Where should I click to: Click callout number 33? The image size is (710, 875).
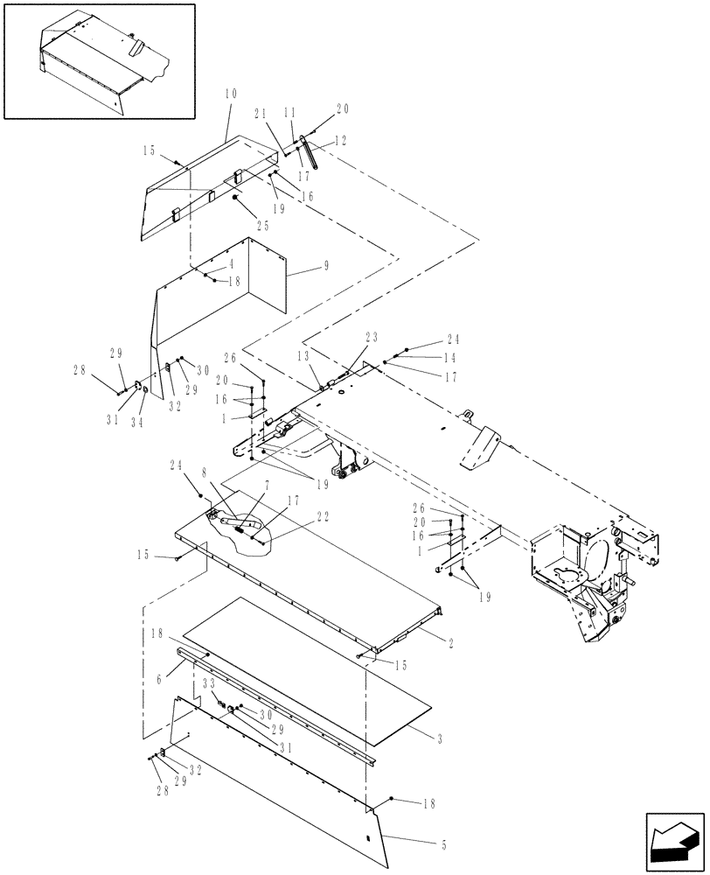coord(210,682)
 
